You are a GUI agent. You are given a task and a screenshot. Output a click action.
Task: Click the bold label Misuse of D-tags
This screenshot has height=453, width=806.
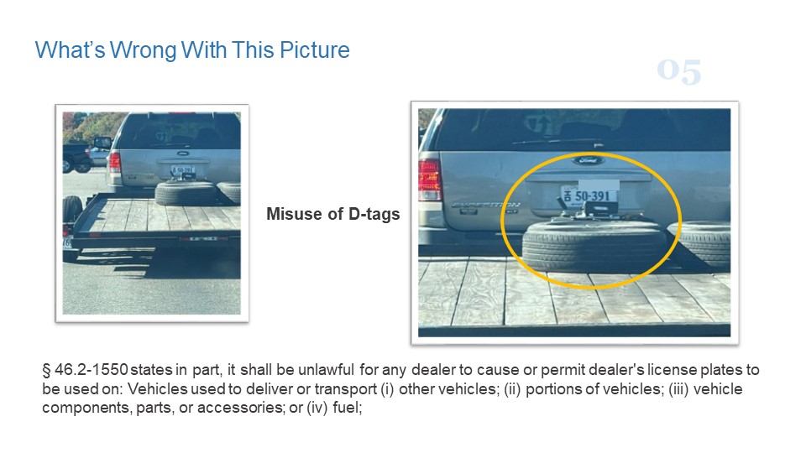click(x=332, y=214)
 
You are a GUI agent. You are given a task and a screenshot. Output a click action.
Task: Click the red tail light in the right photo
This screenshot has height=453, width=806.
click(x=429, y=179)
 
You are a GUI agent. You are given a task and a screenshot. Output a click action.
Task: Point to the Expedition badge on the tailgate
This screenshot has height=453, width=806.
click(x=485, y=205)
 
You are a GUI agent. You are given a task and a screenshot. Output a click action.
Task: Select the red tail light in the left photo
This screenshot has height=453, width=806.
click(x=115, y=162)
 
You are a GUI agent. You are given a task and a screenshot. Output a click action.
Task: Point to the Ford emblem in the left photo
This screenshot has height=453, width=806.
click(x=182, y=154)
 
